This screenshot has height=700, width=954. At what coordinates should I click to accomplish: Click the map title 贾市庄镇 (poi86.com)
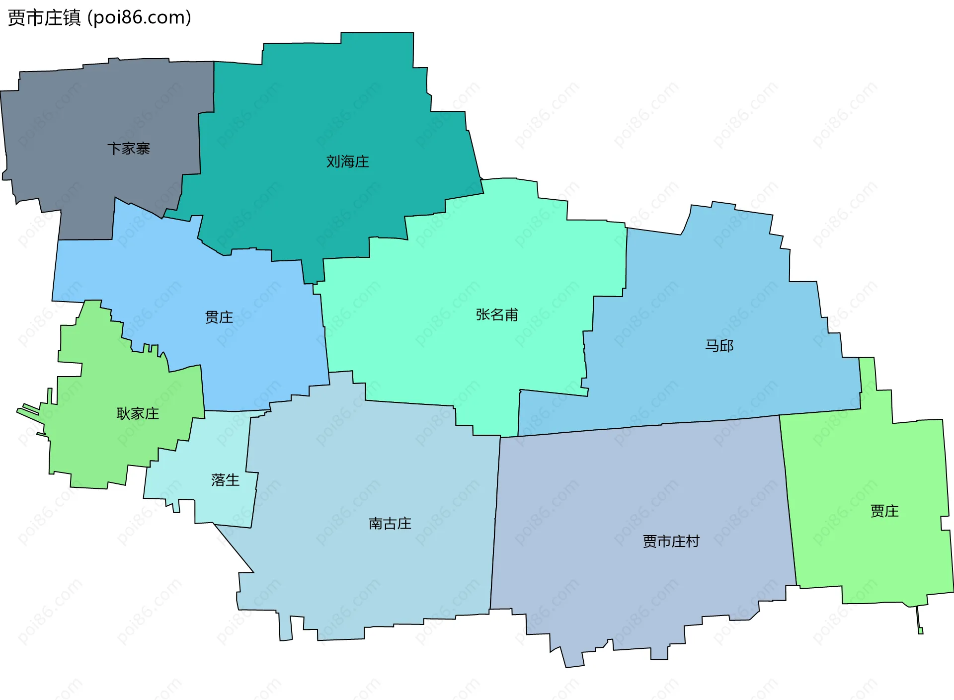pyautogui.click(x=99, y=18)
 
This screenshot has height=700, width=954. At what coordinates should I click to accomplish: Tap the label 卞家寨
pyautogui.click(x=129, y=149)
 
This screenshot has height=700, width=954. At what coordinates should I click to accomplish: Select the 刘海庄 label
pyautogui.click(x=347, y=161)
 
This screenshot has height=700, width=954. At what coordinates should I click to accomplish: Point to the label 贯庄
pyautogui.click(x=219, y=317)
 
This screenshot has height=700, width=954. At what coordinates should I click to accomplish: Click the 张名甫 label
pyautogui.click(x=496, y=314)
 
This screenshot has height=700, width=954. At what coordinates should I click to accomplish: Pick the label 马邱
pyautogui.click(x=719, y=346)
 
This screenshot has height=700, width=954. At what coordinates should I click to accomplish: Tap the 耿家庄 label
pyautogui.click(x=138, y=413)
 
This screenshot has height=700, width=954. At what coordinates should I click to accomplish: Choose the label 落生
pyautogui.click(x=225, y=480)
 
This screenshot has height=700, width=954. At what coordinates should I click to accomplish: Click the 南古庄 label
pyautogui.click(x=390, y=524)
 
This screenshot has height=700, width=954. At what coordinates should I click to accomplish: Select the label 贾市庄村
pyautogui.click(x=671, y=541)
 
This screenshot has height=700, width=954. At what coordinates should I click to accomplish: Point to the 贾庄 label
pyautogui.click(x=884, y=511)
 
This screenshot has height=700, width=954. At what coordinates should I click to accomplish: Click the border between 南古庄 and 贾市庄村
pyautogui.click(x=495, y=522)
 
